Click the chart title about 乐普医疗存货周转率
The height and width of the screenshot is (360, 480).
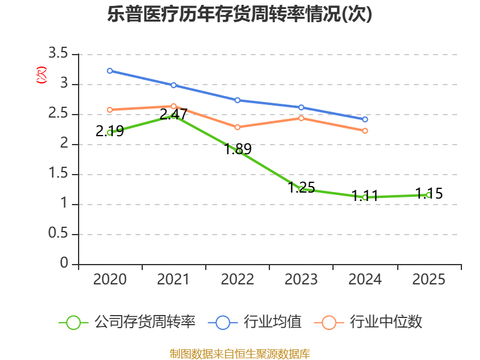[x=240, y=14]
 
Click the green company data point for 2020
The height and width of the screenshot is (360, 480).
[x=110, y=133]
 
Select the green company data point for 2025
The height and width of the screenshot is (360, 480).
[x=429, y=195]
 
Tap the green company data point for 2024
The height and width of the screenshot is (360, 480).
[x=365, y=197]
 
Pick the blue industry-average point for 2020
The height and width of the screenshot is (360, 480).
[x=110, y=71]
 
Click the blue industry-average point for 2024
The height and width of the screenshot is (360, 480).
[x=365, y=119]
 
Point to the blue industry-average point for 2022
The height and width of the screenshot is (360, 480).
[x=238, y=100]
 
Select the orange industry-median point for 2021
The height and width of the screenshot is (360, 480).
[x=174, y=106]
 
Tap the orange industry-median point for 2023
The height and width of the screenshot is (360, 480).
[x=301, y=118]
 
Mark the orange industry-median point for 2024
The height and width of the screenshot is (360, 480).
[x=365, y=131]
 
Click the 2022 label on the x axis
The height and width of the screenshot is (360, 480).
[x=238, y=280]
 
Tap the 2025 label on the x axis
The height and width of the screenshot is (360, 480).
[x=429, y=280]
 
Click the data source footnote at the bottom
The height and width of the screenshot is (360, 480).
[x=240, y=353]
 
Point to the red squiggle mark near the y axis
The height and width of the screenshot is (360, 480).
[x=41, y=75]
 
